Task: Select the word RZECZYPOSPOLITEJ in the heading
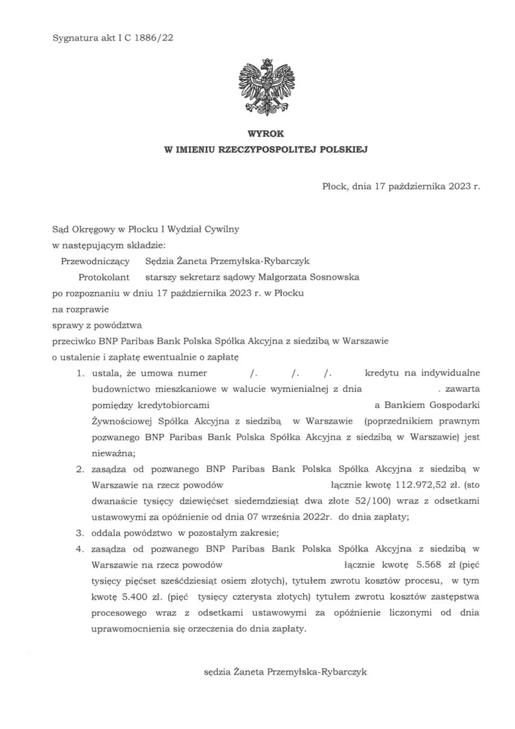coord(281,148)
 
